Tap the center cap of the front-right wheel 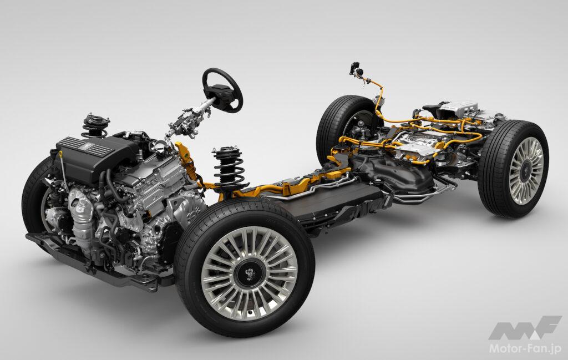[x=249, y=273]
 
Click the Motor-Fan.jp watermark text [x=525, y=349]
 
